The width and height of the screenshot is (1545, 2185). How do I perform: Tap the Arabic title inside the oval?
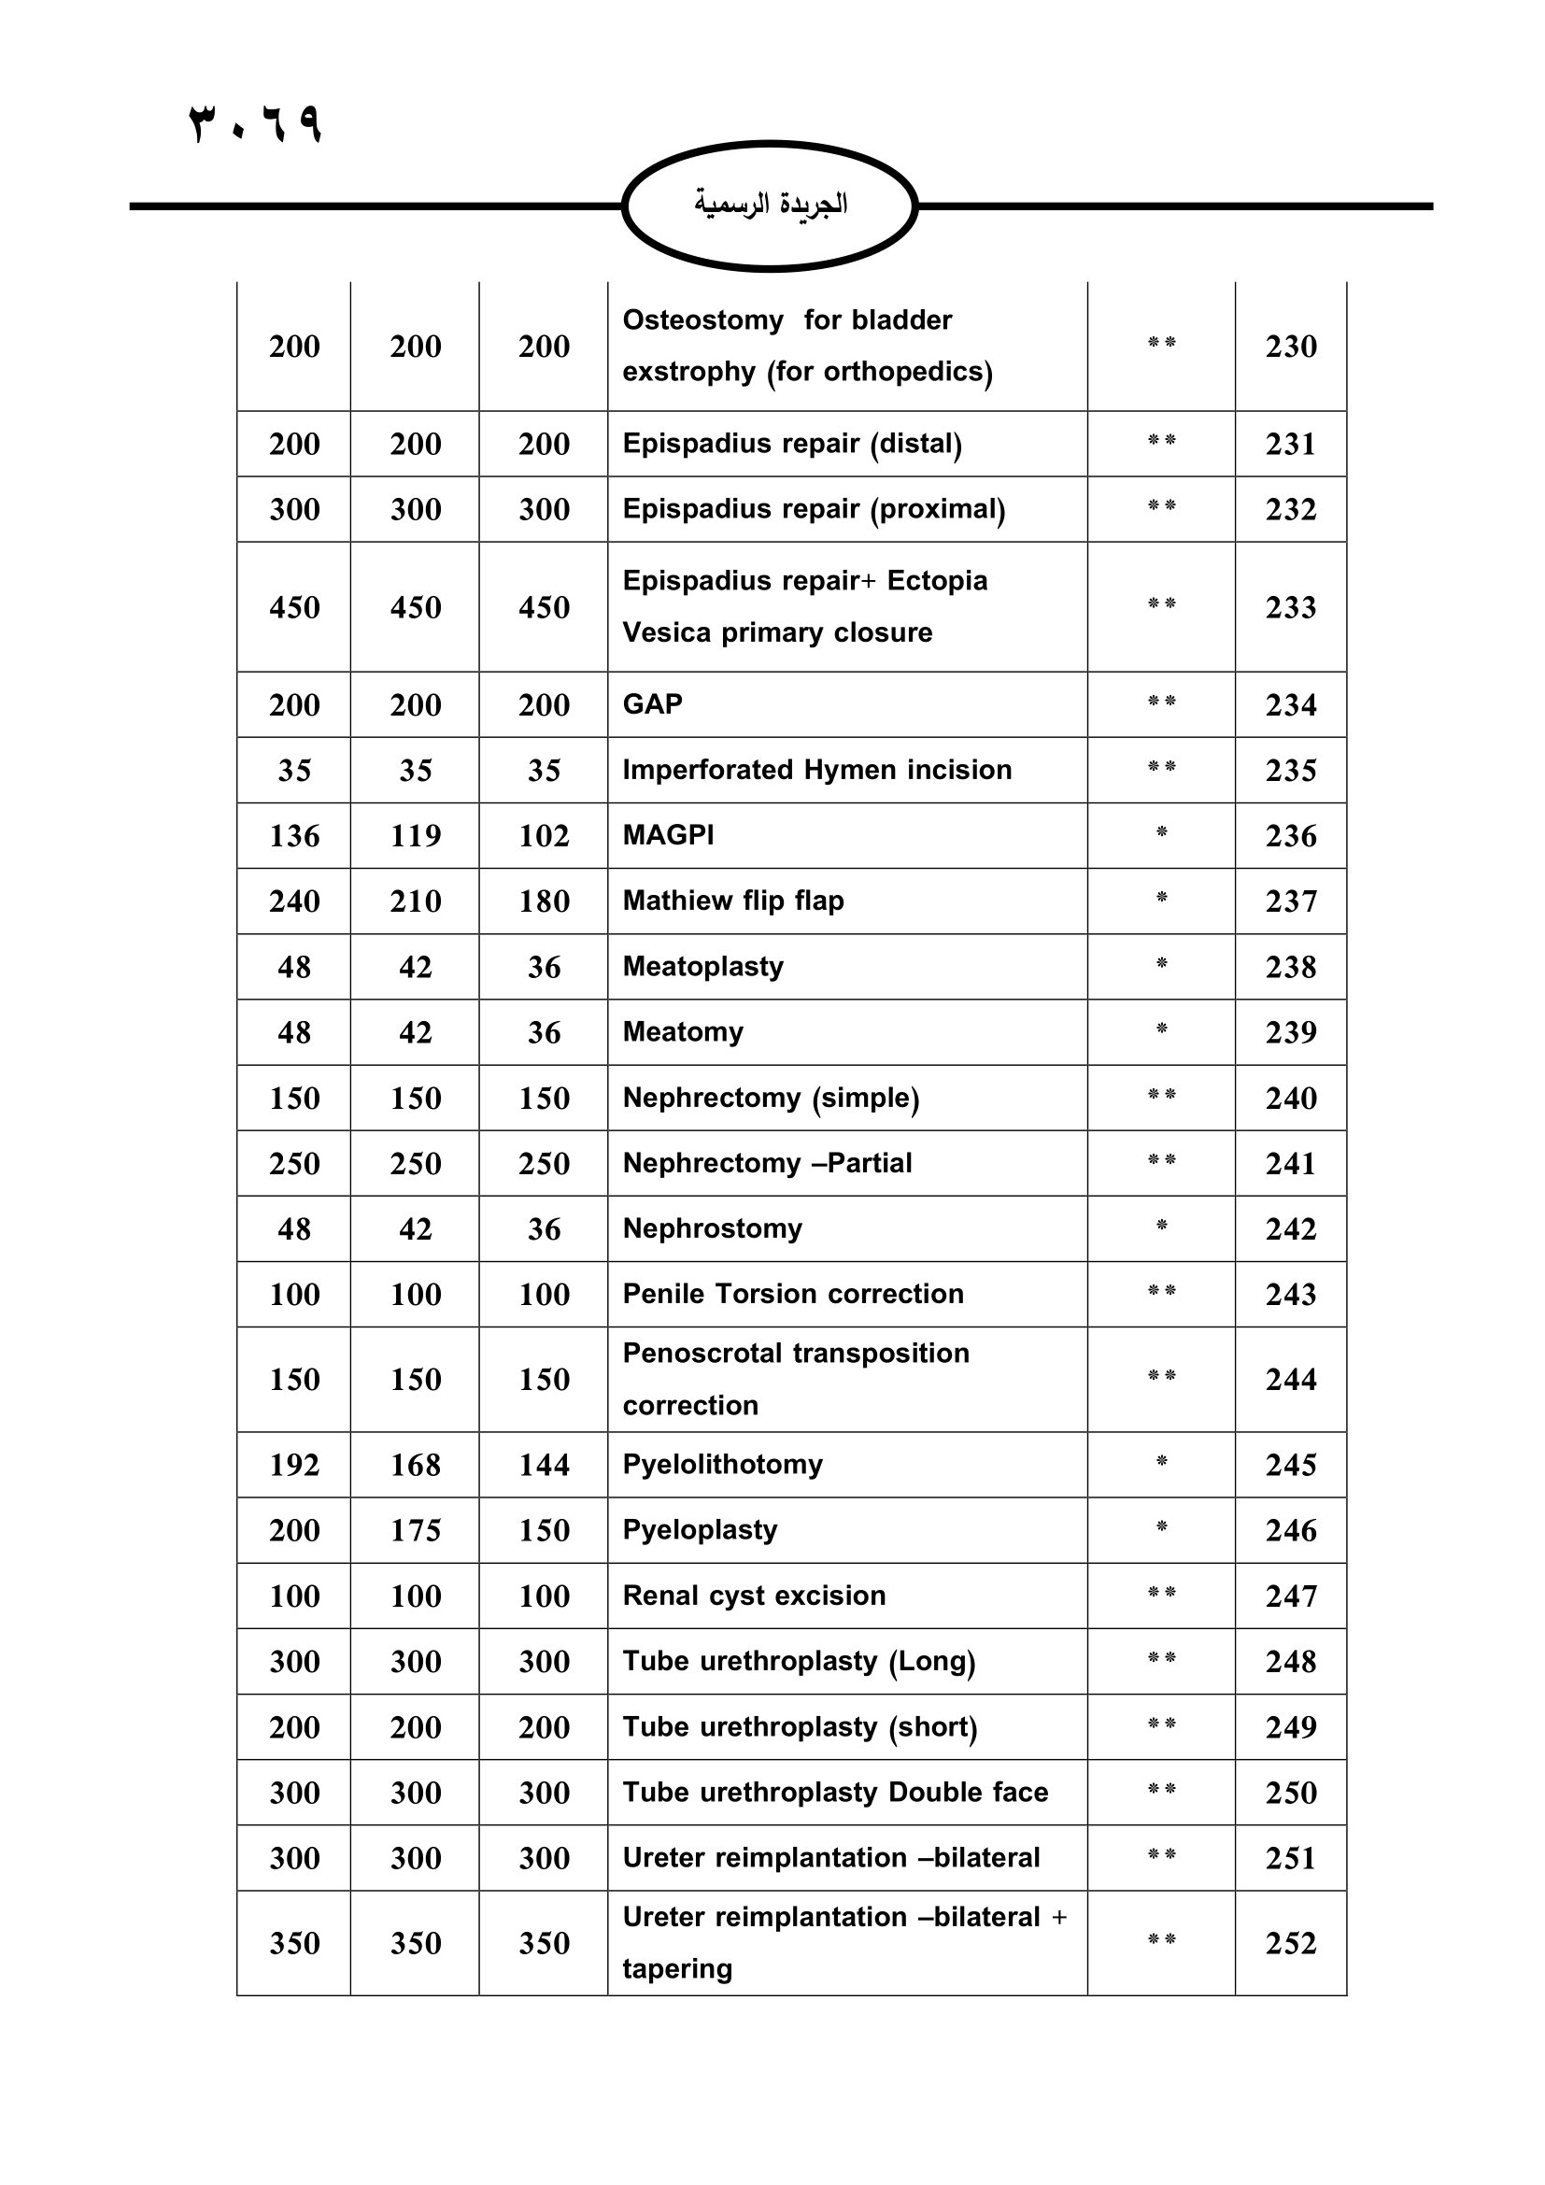point(770,205)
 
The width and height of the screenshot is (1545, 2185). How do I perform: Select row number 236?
point(1290,835)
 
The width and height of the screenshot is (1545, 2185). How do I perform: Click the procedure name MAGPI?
point(668,834)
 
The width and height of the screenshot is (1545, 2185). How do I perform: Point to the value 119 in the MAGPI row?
point(415,835)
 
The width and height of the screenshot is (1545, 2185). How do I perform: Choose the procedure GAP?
point(653,704)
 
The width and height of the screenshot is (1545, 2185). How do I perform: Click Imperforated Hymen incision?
point(816,769)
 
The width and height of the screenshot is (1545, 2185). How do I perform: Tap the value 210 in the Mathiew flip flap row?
point(415,901)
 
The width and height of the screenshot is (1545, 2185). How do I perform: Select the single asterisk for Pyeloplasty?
point(1161,1528)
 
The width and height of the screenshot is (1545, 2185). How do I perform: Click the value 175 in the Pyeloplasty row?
point(415,1530)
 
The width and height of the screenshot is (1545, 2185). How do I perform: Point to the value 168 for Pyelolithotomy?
point(415,1465)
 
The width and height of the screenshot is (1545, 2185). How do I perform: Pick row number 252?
point(1290,1943)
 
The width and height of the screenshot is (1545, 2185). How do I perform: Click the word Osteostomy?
point(702,319)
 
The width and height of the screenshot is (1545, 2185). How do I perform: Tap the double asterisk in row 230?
point(1161,343)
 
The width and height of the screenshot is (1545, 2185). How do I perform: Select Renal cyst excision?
point(754,1595)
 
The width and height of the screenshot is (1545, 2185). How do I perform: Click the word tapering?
point(676,1968)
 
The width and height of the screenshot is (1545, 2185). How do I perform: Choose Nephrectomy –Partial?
point(767,1163)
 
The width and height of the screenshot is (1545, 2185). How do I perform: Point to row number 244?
point(1290,1379)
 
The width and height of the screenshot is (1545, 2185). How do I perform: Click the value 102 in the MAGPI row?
point(544,835)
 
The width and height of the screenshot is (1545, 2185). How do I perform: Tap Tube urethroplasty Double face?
point(834,1792)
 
